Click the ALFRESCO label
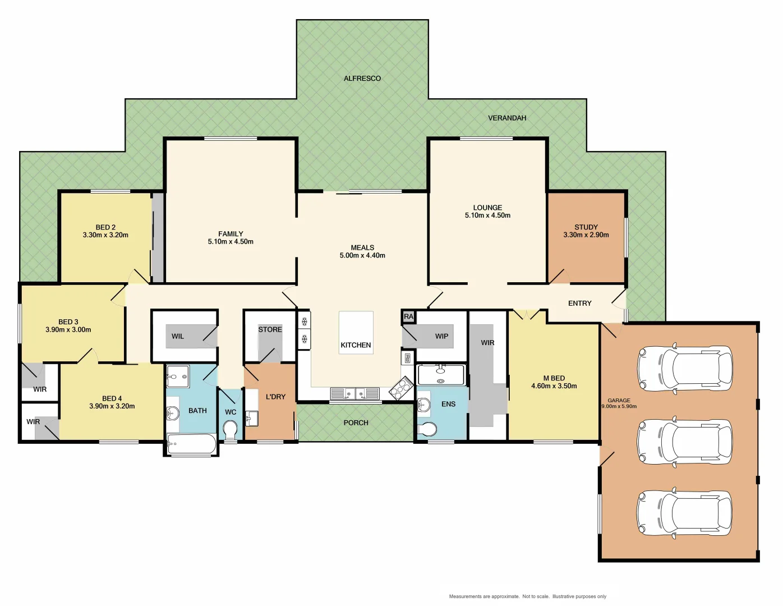click(x=362, y=79)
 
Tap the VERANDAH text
click(x=506, y=118)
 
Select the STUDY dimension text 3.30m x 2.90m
click(x=586, y=235)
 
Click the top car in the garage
click(x=684, y=369)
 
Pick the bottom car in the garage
click(x=684, y=513)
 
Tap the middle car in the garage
click(x=684, y=442)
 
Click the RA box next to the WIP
click(x=408, y=316)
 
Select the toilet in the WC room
click(x=230, y=430)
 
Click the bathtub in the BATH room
click(x=192, y=444)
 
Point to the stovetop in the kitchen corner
click(x=401, y=388)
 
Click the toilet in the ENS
click(x=427, y=429)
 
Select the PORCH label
click(x=356, y=423)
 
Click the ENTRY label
click(x=579, y=303)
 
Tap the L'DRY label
click(x=275, y=397)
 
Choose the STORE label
click(x=270, y=329)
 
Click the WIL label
click(x=177, y=336)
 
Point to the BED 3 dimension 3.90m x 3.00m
click(x=68, y=330)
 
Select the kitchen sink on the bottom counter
click(x=354, y=393)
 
